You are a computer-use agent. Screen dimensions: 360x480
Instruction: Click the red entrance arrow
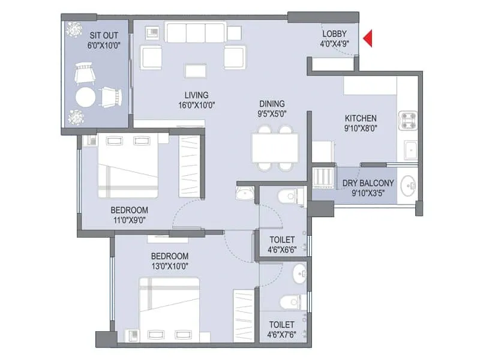pyautogui.click(x=368, y=39)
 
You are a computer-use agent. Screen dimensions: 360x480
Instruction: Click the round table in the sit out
pyautogui.click(x=86, y=97)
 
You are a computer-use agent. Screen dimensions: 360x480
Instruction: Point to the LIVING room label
pyautogui.click(x=196, y=95)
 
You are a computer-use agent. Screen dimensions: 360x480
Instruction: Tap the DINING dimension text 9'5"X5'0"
pyautogui.click(x=272, y=113)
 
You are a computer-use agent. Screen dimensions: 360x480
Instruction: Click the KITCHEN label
pyautogui.click(x=361, y=118)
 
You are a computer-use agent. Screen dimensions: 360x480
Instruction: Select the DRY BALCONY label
pyautogui.click(x=368, y=184)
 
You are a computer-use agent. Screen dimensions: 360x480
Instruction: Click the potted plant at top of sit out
pyautogui.click(x=74, y=29)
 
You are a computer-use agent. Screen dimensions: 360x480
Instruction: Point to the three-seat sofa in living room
pyautogui.click(x=195, y=33)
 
